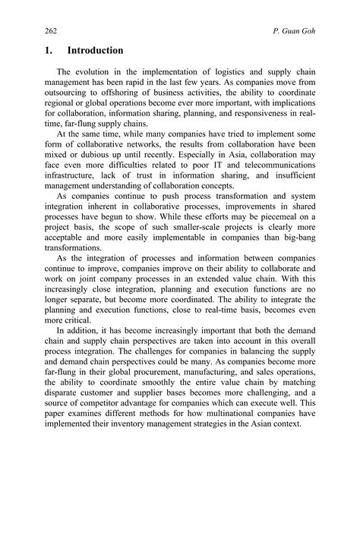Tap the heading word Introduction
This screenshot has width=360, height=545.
[95, 51]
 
